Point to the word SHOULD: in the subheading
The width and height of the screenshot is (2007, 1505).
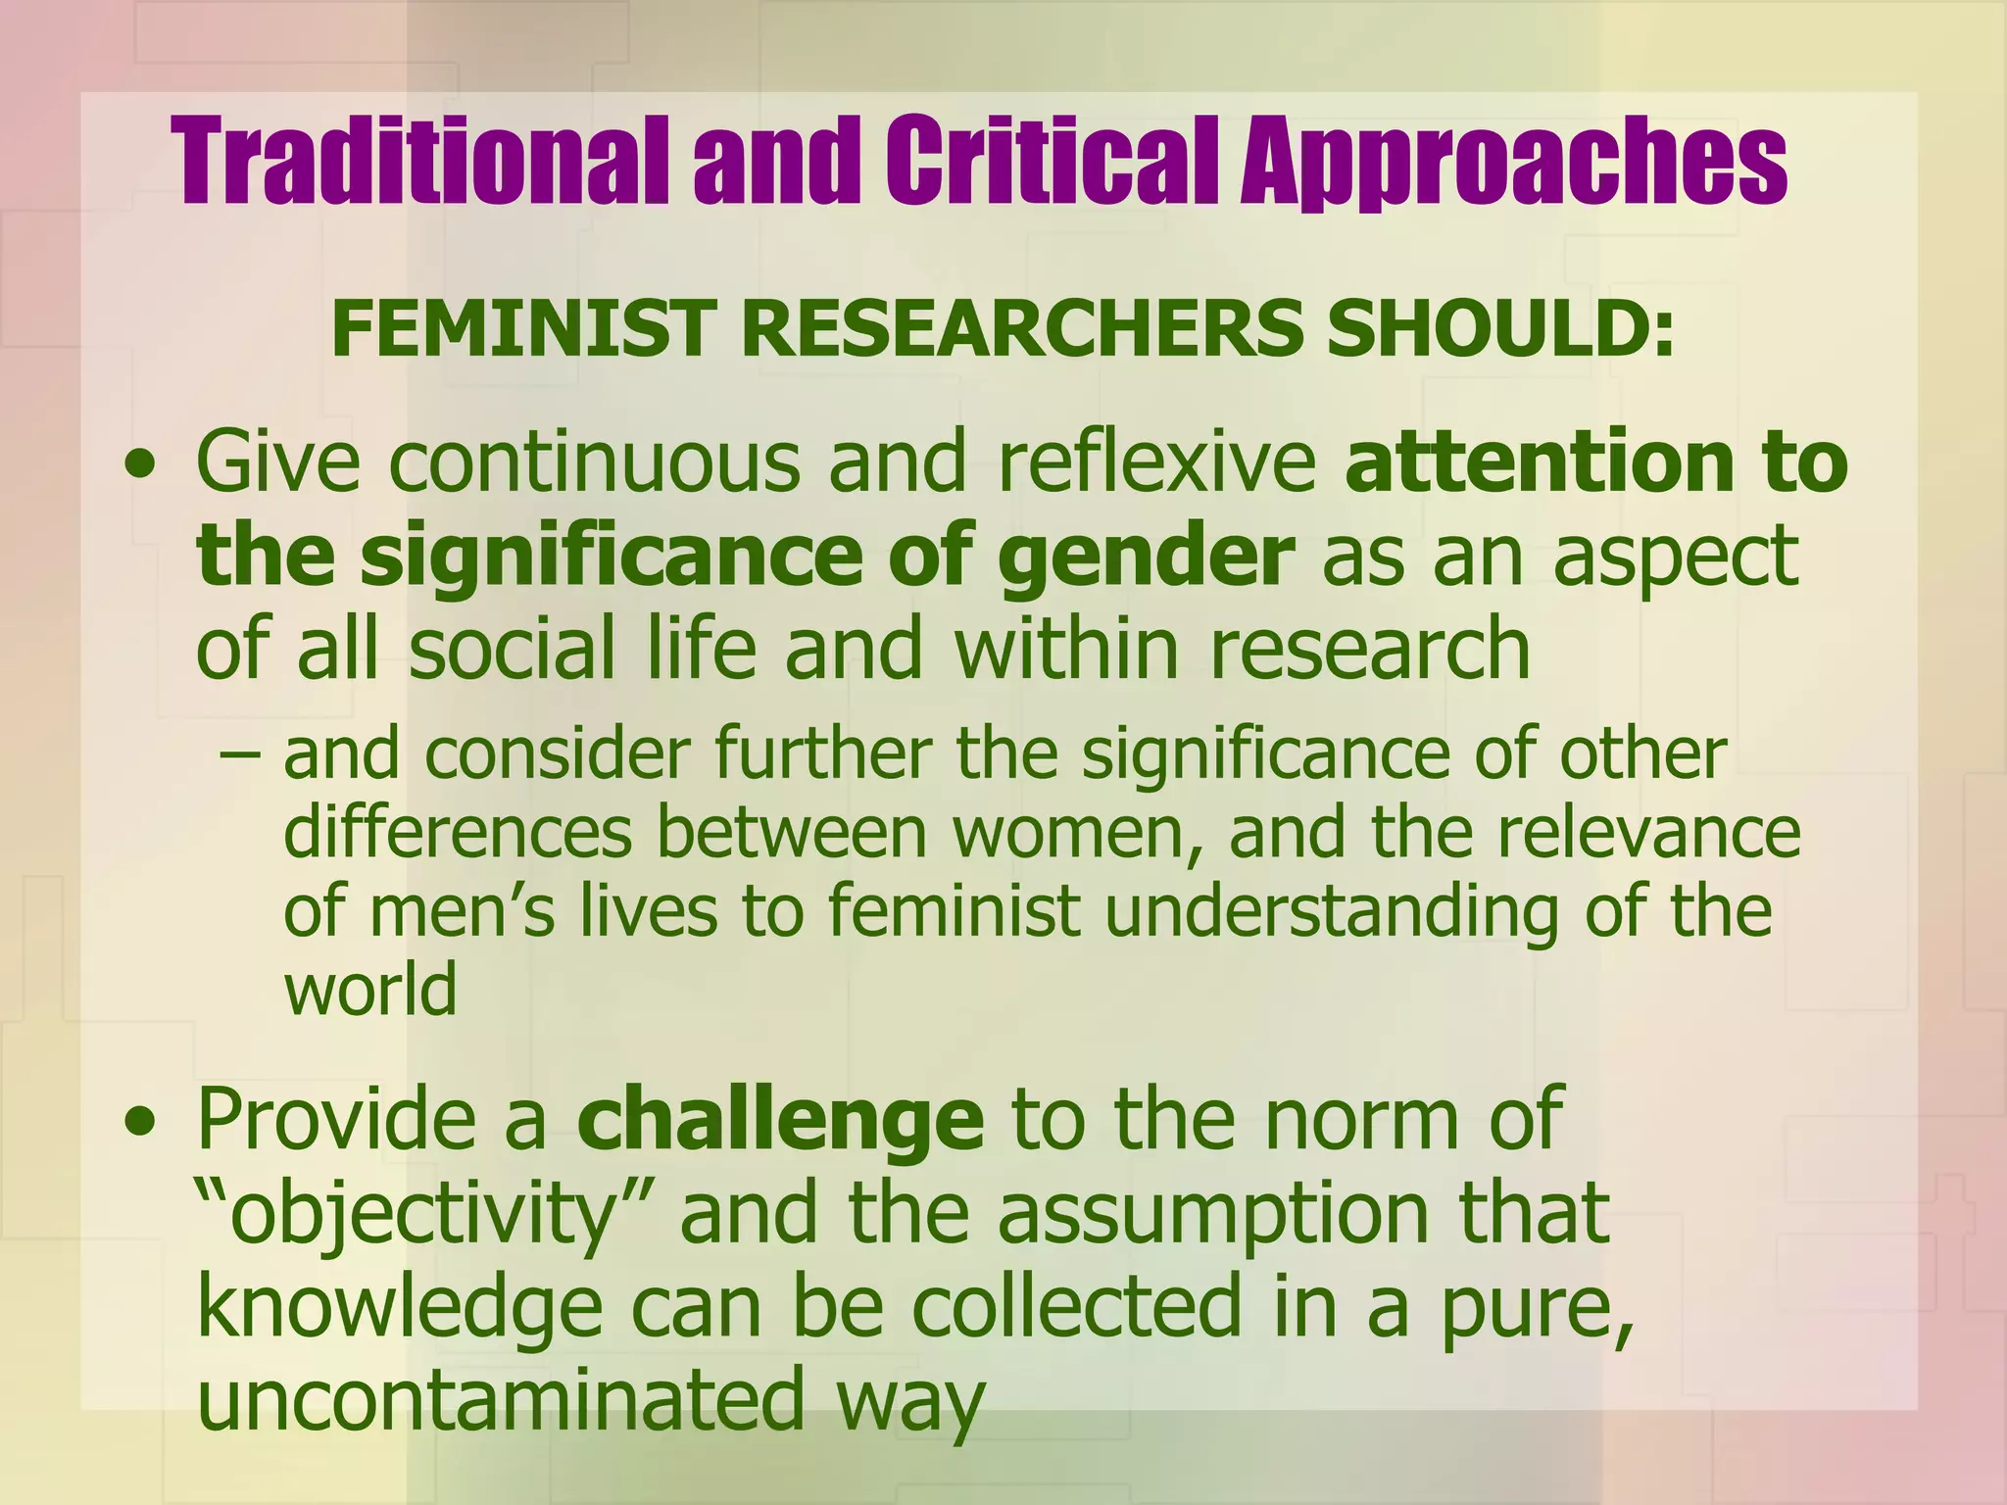(x=1500, y=328)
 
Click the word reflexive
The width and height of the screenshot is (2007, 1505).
(x=1157, y=461)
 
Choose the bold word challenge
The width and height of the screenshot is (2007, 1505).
(x=780, y=1119)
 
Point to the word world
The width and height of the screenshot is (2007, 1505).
(x=370, y=989)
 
